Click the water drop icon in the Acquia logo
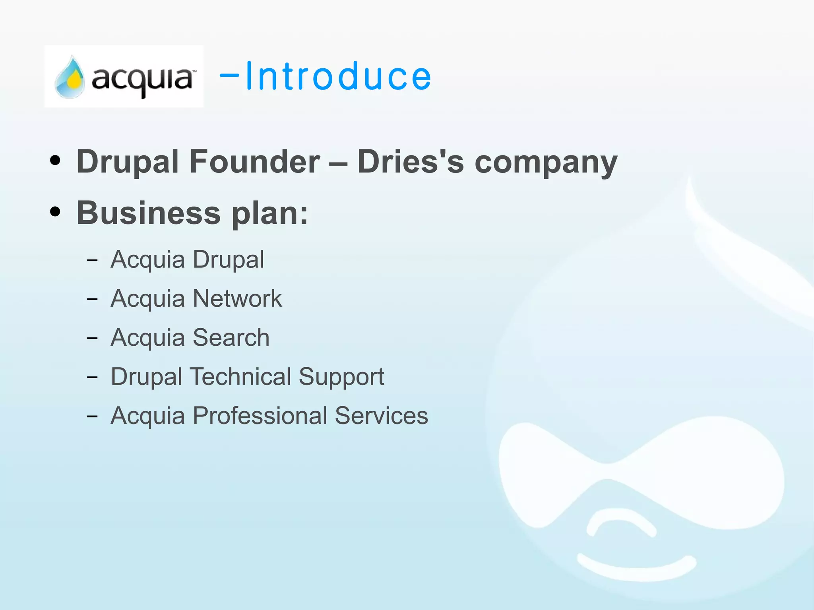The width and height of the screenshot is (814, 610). (x=70, y=77)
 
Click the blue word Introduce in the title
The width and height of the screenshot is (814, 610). (x=338, y=76)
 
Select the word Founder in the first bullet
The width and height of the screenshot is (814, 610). (x=254, y=162)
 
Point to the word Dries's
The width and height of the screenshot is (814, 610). (x=410, y=162)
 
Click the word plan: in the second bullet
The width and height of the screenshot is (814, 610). (x=270, y=214)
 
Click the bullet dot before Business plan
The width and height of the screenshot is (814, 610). (x=55, y=212)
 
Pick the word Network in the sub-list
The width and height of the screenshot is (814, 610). (x=237, y=298)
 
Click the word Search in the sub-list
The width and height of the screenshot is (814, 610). (x=231, y=337)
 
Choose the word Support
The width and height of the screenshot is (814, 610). (x=341, y=377)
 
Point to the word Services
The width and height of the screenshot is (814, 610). (x=381, y=416)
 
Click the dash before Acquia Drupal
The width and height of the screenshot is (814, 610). (x=92, y=260)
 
